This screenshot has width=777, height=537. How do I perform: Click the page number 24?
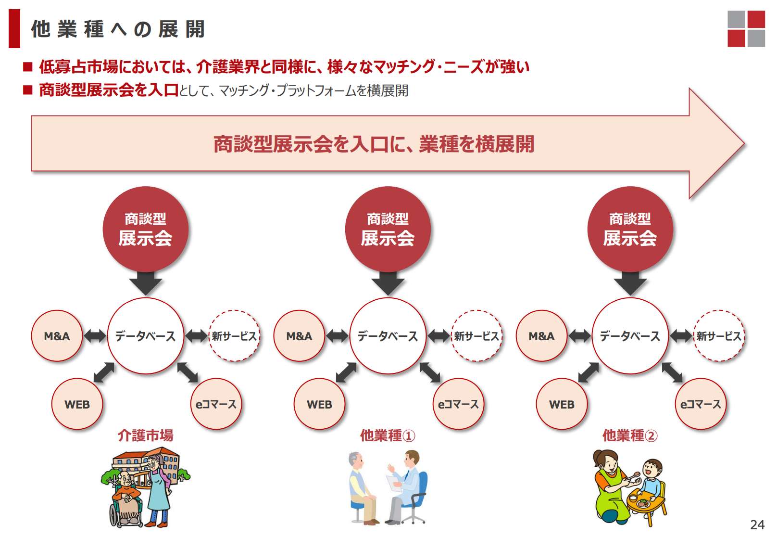click(x=757, y=524)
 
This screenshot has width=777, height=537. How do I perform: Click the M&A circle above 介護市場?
click(x=57, y=336)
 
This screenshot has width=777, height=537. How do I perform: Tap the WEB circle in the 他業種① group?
click(x=319, y=404)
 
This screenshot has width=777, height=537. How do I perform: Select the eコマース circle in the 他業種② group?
click(x=701, y=404)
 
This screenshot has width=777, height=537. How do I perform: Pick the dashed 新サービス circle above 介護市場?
click(x=234, y=336)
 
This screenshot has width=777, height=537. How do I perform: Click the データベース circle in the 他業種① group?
click(x=388, y=336)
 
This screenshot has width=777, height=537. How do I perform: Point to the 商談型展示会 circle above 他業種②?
click(x=630, y=229)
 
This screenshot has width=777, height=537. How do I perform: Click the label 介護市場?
click(x=145, y=435)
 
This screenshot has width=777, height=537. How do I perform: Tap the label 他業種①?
click(x=388, y=435)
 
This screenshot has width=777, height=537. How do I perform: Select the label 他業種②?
click(x=630, y=435)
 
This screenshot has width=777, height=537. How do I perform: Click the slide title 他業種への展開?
click(x=118, y=29)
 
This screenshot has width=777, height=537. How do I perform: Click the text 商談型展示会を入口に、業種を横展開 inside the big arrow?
click(x=374, y=144)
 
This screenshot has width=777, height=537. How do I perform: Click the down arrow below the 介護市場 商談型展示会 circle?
click(x=146, y=283)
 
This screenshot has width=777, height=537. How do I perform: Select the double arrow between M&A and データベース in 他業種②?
click(x=579, y=336)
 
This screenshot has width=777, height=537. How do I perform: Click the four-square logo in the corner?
click(x=746, y=28)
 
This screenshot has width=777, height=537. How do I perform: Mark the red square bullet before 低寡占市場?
click(x=28, y=66)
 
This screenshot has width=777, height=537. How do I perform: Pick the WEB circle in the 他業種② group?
click(x=562, y=404)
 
